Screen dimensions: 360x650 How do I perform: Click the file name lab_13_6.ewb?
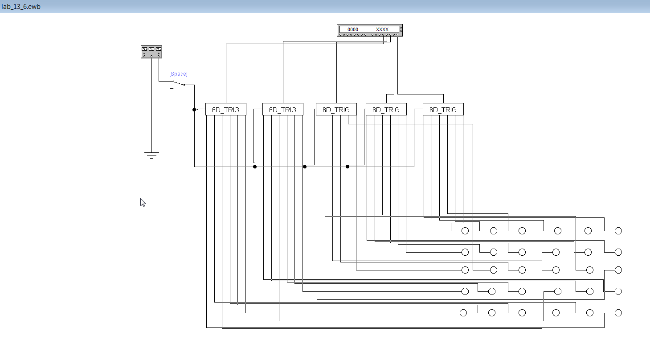pos(21,6)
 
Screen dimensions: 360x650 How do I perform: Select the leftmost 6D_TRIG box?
pos(225,110)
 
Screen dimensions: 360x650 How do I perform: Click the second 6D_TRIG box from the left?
pos(282,110)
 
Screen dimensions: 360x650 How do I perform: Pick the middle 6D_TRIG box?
pos(336,110)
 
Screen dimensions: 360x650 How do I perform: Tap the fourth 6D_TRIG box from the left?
pos(386,110)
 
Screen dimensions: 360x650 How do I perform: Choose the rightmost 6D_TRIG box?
pos(443,110)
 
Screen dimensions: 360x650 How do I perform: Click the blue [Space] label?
pos(178,74)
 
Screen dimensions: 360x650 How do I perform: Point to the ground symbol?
pos(151,155)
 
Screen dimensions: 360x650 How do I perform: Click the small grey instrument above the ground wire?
pos(151,52)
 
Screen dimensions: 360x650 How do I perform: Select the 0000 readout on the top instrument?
pos(353,29)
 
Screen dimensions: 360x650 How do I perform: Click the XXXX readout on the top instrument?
pos(382,29)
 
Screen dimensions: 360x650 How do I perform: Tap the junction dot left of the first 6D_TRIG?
pos(194,110)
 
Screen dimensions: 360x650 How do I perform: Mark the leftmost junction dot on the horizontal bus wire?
pos(255,167)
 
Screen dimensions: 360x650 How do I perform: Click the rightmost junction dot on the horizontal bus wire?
pos(347,167)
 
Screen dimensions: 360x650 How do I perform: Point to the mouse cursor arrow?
pos(143,202)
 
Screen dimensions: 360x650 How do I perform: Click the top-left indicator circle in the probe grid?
pos(465,231)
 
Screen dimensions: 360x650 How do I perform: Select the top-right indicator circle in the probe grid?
pos(618,231)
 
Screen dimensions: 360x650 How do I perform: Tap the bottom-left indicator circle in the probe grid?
pos(463,313)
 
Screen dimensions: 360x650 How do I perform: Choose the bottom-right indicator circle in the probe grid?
pos(618,313)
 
